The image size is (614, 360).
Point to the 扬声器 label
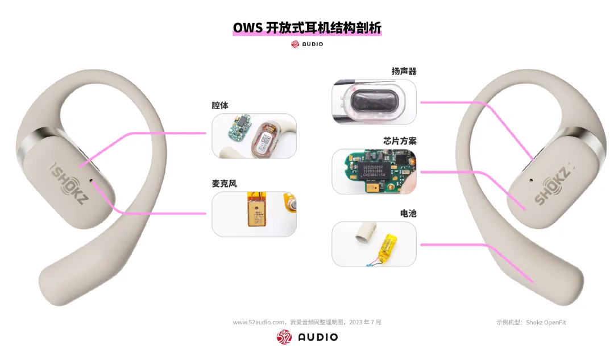point(404,71)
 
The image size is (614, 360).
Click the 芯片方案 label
point(400,140)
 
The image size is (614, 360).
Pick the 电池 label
point(408,213)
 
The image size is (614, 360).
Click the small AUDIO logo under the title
point(307,44)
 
